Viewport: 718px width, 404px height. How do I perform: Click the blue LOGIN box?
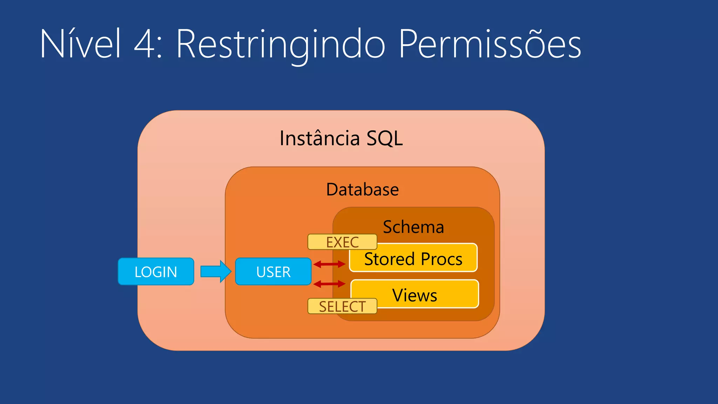[x=156, y=272]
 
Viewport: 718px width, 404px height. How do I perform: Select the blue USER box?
[x=273, y=272]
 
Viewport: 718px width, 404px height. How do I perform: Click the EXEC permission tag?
[x=342, y=242]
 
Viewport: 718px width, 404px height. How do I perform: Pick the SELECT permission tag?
[x=342, y=307]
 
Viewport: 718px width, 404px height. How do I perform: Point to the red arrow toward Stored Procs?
[x=329, y=264]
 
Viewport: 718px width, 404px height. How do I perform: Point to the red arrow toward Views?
[x=329, y=284]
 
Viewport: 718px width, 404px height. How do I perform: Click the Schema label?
[x=413, y=227]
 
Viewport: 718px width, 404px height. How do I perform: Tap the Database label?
[x=362, y=190]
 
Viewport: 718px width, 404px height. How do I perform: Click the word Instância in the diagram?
[x=319, y=138]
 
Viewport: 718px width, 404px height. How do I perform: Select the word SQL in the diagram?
[x=385, y=139]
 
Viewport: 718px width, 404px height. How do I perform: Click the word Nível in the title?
[x=80, y=44]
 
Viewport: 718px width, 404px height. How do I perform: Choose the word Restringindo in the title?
[x=280, y=45]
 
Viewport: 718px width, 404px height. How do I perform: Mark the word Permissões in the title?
[x=490, y=44]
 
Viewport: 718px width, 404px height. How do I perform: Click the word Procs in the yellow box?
[x=441, y=260]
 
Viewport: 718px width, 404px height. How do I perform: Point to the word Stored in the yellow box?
[x=390, y=259]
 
